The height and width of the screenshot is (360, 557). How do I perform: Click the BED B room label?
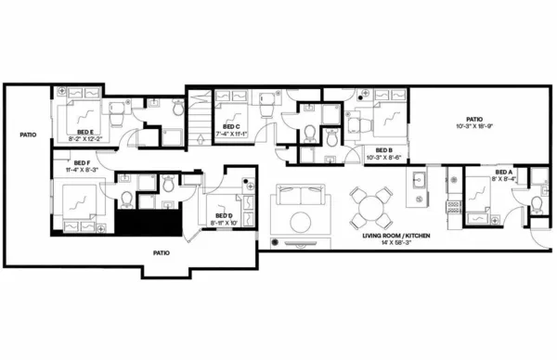tap(383, 150)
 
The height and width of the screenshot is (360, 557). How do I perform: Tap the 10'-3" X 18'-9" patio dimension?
tap(474, 128)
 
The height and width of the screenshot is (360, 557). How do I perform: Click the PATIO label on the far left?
tap(28, 135)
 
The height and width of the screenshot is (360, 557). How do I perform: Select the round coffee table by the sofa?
tap(303, 223)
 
